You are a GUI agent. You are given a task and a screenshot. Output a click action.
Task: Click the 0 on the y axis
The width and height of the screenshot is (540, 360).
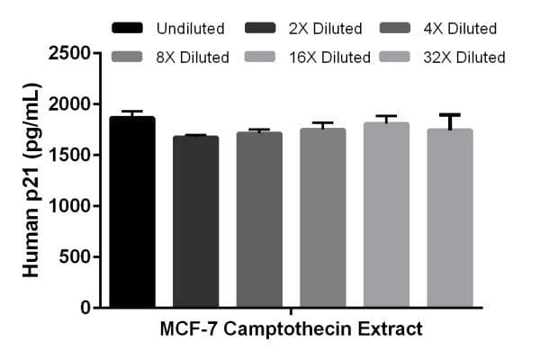[85, 308]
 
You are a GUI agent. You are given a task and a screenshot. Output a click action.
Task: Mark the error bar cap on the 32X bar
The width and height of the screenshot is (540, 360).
[450, 114]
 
